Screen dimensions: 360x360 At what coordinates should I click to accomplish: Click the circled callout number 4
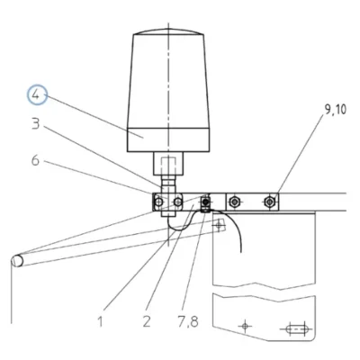pos(37,95)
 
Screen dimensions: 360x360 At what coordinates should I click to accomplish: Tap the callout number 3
pos(36,123)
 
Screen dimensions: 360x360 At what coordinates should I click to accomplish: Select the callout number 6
pos(35,160)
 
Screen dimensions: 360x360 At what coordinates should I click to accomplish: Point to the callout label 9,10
pos(335,110)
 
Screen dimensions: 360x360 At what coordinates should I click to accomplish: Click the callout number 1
pos(100,321)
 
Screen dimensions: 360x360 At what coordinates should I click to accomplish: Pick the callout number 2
pos(147,321)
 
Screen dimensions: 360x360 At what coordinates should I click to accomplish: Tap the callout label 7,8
pos(187,322)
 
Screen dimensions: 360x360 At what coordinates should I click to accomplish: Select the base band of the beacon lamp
pos(168,139)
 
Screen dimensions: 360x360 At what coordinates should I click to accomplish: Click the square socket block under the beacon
pos(168,164)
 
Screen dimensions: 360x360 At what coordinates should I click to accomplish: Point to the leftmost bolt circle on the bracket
pos(158,202)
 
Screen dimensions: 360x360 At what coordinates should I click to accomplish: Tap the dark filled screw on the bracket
pos(205,202)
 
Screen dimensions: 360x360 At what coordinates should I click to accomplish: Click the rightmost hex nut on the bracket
pos(270,202)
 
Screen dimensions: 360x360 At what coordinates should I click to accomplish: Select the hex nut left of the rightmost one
pos(234,202)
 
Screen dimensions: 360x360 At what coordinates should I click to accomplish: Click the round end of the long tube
pos(17,261)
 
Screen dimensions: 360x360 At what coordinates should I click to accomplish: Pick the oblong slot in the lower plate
pos(297,329)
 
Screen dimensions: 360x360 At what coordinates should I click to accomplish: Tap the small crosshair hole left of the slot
pos(246,325)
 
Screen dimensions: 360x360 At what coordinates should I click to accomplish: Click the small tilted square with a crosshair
pos(220,224)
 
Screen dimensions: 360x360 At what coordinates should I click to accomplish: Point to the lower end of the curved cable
pos(240,251)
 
